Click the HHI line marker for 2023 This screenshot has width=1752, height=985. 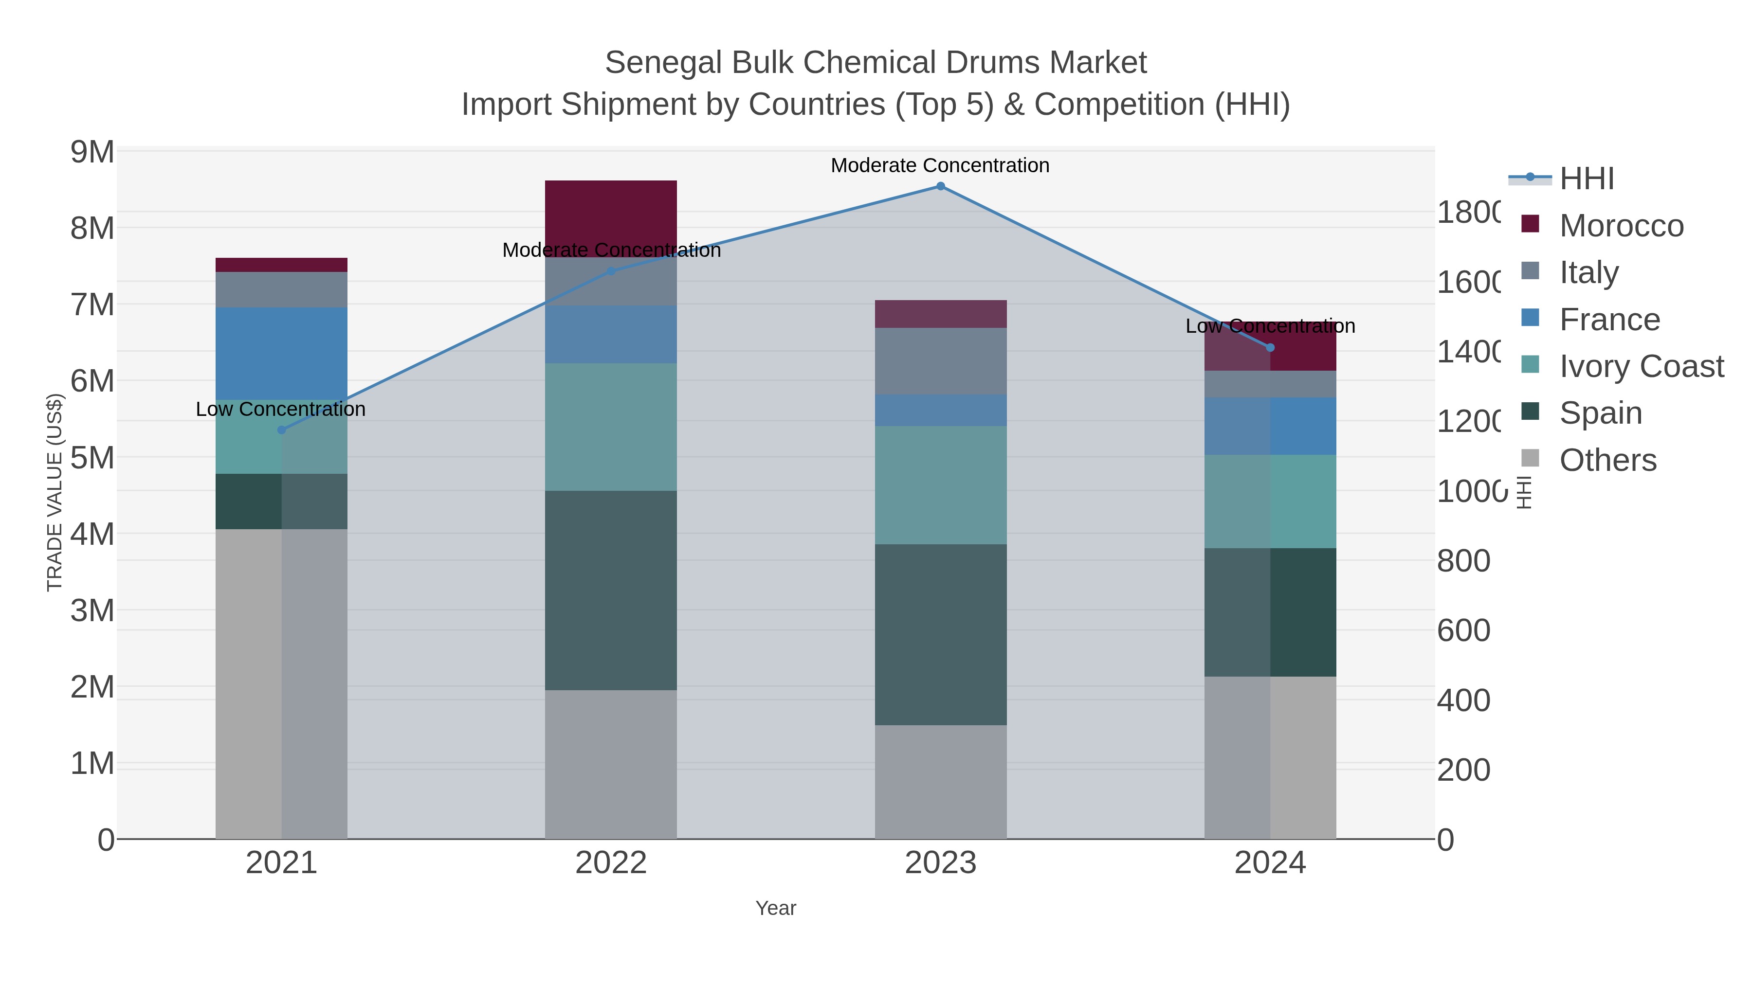click(x=941, y=186)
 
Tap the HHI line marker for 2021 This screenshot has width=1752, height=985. click(x=282, y=430)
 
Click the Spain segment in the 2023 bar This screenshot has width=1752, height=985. click(x=941, y=634)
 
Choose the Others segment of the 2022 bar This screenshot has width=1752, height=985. click(x=611, y=764)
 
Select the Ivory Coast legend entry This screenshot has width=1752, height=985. click(x=1641, y=366)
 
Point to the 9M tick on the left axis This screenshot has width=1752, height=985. click(x=92, y=152)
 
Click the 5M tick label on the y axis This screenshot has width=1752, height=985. click(x=92, y=458)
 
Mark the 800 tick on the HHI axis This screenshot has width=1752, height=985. click(x=1463, y=561)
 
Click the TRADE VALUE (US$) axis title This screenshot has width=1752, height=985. click(x=55, y=492)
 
